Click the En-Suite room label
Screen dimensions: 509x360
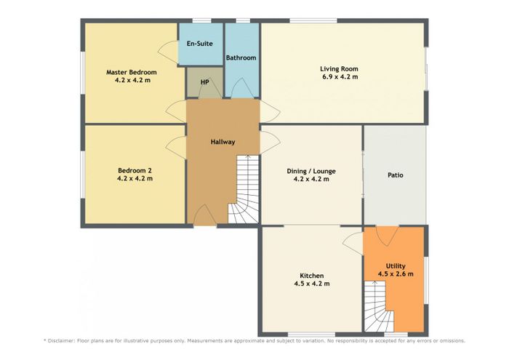tap(200, 44)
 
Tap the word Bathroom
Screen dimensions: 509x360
tap(241, 57)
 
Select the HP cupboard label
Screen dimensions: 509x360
tap(204, 82)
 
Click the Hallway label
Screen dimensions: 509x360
tap(223, 142)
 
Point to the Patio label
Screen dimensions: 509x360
tap(396, 175)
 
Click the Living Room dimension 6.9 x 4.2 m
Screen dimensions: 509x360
tap(340, 77)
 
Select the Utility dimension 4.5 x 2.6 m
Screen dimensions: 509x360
tap(396, 274)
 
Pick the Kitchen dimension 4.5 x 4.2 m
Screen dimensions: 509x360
tap(312, 284)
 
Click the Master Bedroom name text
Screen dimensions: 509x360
tap(132, 72)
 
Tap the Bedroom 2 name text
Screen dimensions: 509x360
tap(135, 170)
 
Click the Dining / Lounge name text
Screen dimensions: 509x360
tap(311, 172)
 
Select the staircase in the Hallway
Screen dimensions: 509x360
tap(244, 189)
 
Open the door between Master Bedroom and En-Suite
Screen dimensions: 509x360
tap(168, 52)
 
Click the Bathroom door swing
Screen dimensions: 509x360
tap(242, 88)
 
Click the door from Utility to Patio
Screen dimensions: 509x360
tap(388, 236)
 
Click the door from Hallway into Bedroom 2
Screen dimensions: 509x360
tap(176, 148)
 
